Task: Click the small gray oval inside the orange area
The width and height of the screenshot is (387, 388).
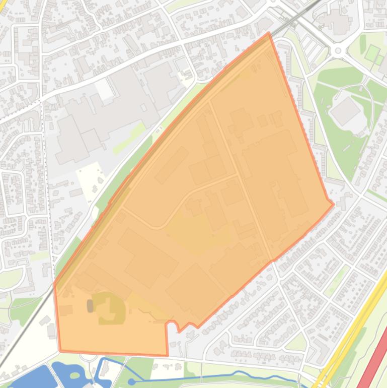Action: [90, 305]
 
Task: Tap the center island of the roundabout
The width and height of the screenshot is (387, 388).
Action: [338, 50]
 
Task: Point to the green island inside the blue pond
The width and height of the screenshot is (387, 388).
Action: [75, 375]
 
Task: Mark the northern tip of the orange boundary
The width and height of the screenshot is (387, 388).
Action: [269, 34]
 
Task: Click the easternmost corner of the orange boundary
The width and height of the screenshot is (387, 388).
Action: [333, 204]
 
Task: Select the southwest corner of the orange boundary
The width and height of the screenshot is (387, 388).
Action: [60, 350]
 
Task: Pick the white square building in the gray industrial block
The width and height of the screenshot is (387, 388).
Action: [105, 91]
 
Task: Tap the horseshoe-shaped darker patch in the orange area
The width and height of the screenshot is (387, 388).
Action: [111, 308]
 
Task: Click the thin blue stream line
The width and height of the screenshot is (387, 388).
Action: [211, 376]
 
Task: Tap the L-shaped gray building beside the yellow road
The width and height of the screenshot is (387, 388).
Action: [320, 350]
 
